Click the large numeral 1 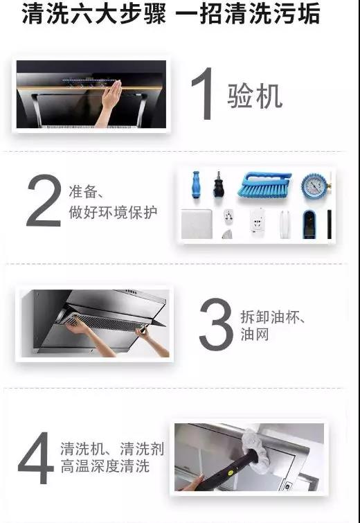tap(204, 94)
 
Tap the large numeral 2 tap(44, 202)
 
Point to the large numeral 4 tap(36, 459)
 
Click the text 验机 tap(255, 95)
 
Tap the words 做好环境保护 tap(113, 212)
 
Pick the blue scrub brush tap(265, 185)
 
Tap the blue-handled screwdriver tap(196, 184)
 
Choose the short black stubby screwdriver tap(219, 184)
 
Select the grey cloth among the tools tap(197, 224)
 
